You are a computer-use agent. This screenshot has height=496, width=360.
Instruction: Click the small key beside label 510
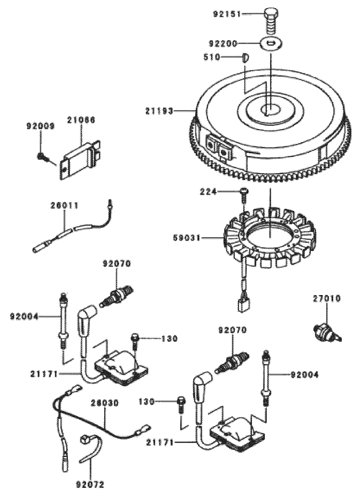(245, 57)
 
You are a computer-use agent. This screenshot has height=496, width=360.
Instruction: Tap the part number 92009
(39, 126)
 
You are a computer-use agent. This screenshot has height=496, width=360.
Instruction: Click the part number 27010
(327, 298)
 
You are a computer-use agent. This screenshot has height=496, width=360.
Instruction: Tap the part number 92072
(90, 484)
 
